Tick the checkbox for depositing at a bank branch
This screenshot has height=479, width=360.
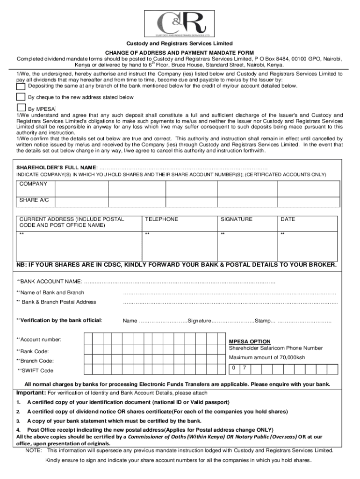pos(21,86)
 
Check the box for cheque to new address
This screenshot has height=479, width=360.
pos(21,97)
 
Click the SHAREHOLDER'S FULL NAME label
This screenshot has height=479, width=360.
pos(57,167)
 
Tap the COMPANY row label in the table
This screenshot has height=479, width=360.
pos(33,184)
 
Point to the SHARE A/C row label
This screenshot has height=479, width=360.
pos(34,200)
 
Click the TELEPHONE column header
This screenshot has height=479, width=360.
pos(161,219)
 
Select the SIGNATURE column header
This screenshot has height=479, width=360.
pos(236,219)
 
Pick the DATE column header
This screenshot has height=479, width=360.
pos(288,219)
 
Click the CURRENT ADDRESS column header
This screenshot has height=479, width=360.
pos(71,222)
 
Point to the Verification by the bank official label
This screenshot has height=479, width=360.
pos(59,320)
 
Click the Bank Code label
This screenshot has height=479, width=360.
pos(33,351)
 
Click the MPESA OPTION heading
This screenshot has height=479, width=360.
pos(249,341)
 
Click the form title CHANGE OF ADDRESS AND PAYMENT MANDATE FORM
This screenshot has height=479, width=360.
pos(180,52)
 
